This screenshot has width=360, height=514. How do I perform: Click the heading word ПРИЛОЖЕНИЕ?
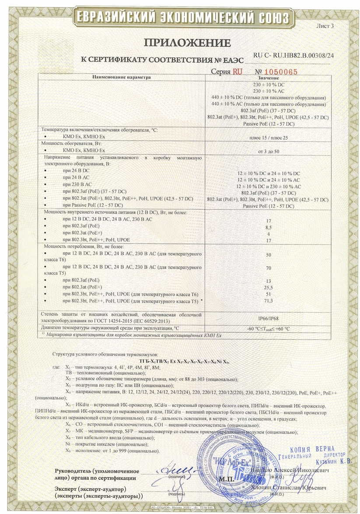pyautogui.click(x=187, y=42)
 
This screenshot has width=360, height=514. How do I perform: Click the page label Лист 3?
pyautogui.click(x=325, y=26)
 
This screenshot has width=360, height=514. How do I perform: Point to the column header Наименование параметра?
pyautogui.click(x=121, y=77)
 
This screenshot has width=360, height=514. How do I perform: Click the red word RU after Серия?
pyautogui.click(x=238, y=71)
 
